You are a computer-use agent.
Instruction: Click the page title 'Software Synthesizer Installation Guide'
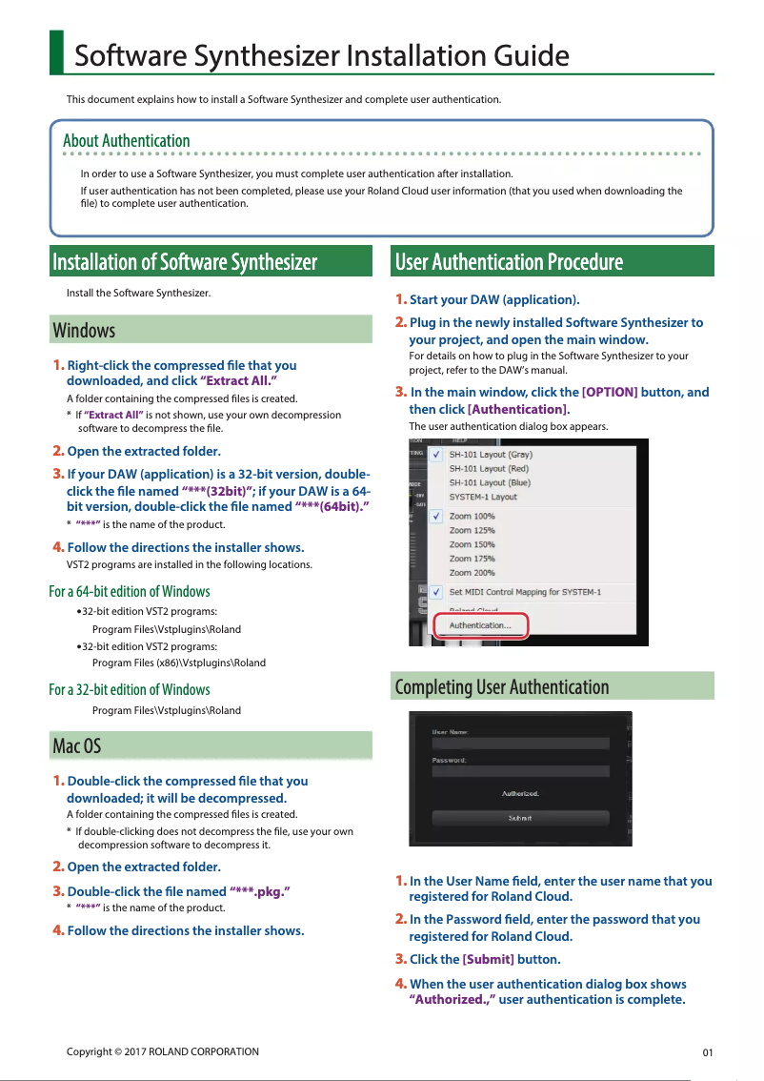[x=321, y=55]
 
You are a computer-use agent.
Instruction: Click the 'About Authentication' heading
[x=127, y=141]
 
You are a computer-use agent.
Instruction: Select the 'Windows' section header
[x=84, y=331]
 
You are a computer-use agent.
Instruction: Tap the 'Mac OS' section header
[x=77, y=745]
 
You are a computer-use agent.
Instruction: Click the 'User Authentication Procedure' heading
[x=509, y=262]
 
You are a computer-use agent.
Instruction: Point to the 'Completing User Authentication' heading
[x=501, y=687]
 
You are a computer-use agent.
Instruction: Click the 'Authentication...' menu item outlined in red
[x=479, y=625]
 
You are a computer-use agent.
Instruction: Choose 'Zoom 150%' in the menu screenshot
[x=472, y=544]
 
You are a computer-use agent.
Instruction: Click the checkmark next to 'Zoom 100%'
[x=435, y=516]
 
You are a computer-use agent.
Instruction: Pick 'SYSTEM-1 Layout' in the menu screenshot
[x=483, y=497]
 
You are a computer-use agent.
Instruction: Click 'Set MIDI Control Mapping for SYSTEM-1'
[x=525, y=592]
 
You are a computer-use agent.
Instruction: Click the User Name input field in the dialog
[x=519, y=744]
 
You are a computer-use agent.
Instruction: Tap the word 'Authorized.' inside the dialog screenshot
[x=520, y=793]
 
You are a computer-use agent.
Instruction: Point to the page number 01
[x=707, y=1052]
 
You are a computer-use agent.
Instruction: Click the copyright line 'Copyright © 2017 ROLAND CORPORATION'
[x=162, y=1051]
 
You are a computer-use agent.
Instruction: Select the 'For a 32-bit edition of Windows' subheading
[x=130, y=689]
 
